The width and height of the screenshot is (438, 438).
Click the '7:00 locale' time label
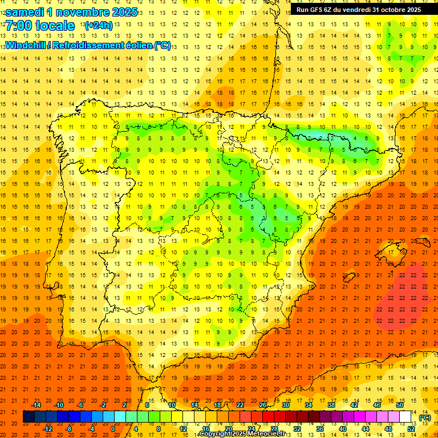click(x=40, y=26)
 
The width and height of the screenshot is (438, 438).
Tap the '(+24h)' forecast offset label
click(x=98, y=26)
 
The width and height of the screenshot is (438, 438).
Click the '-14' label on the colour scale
click(x=36, y=405)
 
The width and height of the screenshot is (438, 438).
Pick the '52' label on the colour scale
click(x=411, y=429)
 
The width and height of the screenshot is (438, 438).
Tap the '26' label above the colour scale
click(x=263, y=405)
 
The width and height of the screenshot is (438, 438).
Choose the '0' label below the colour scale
click(x=113, y=429)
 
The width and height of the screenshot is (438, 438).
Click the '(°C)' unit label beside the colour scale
click(x=424, y=417)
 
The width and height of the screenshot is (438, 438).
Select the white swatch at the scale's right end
click(x=405, y=417)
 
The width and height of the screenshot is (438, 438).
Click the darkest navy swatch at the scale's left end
click(x=29, y=417)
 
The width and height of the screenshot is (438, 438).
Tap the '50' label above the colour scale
click(x=400, y=405)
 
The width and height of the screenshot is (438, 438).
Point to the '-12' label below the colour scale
click(x=47, y=429)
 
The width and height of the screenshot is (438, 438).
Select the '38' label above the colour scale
click(x=331, y=405)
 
